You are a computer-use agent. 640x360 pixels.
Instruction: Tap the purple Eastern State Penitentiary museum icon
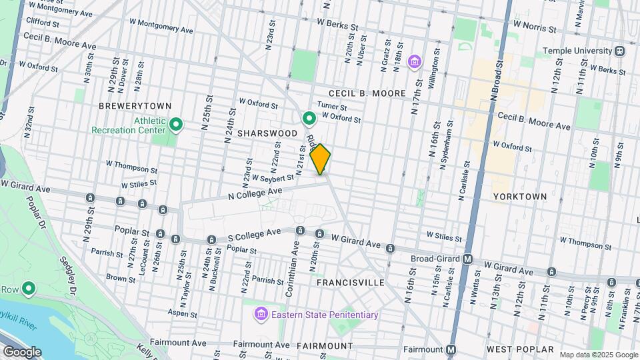[260, 314]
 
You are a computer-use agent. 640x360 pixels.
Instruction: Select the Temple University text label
[577, 51]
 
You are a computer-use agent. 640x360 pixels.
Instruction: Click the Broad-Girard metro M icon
[468, 259]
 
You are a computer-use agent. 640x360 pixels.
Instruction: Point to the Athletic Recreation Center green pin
[176, 124]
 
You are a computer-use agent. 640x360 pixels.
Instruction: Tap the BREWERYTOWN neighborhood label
[135, 106]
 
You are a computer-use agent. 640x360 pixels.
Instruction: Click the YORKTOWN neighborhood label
[519, 197]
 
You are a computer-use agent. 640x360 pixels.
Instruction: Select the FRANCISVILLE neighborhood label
[350, 283]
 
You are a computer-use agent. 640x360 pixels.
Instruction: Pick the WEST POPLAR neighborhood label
[521, 349]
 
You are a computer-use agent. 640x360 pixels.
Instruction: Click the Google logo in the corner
[21, 351]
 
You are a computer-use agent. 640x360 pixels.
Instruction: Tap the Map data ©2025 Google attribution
[598, 355]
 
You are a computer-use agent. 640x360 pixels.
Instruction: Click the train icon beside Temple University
[620, 51]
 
